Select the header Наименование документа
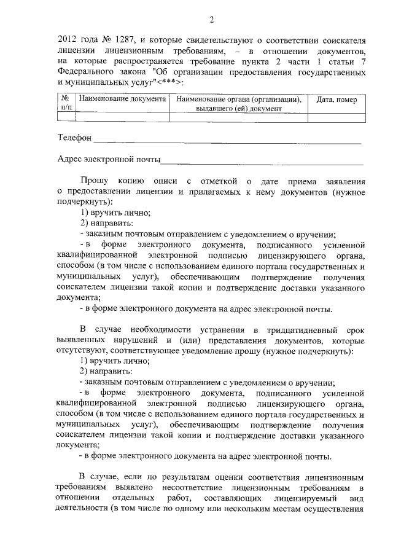pyautogui.click(x=122, y=99)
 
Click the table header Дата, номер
pyautogui.click(x=337, y=100)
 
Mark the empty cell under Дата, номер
pyautogui.click(x=337, y=114)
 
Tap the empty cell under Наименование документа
pyautogui.click(x=122, y=114)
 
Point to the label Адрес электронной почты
pyautogui.click(x=108, y=160)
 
